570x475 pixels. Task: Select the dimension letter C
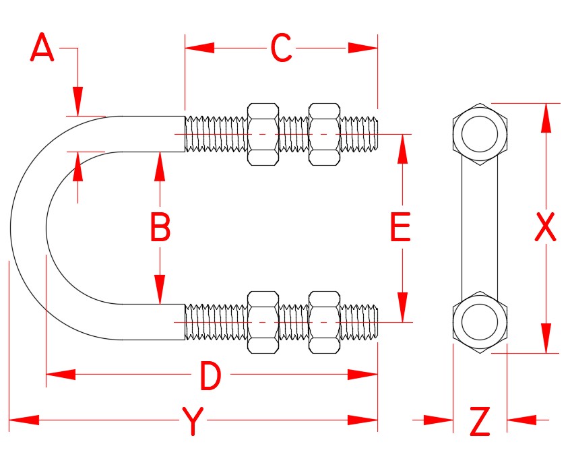(x=281, y=49)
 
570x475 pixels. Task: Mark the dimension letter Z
(x=479, y=422)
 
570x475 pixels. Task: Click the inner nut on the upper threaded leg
(x=263, y=134)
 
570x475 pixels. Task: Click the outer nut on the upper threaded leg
(x=324, y=134)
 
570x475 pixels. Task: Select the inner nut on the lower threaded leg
(x=263, y=322)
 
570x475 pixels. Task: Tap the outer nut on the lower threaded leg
(x=324, y=322)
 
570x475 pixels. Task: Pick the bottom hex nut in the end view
(x=479, y=321)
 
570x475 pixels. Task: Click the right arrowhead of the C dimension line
(x=364, y=48)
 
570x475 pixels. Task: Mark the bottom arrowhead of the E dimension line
(x=402, y=307)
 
